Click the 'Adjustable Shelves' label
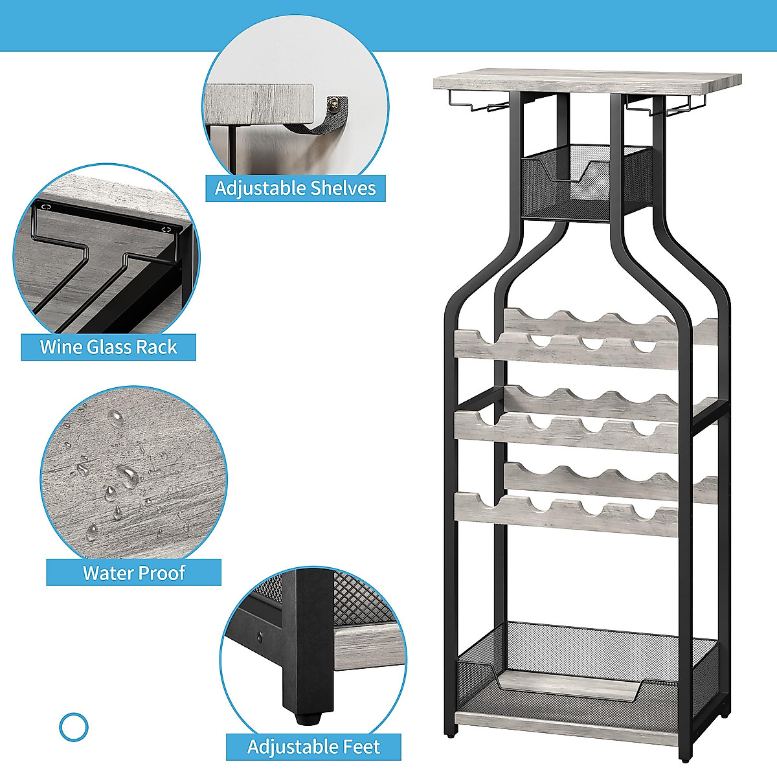point(295,188)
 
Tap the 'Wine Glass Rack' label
point(108,347)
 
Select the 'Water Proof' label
point(134,573)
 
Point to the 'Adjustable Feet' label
point(313,747)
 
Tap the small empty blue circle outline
point(73,727)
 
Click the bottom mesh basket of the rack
point(586,673)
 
